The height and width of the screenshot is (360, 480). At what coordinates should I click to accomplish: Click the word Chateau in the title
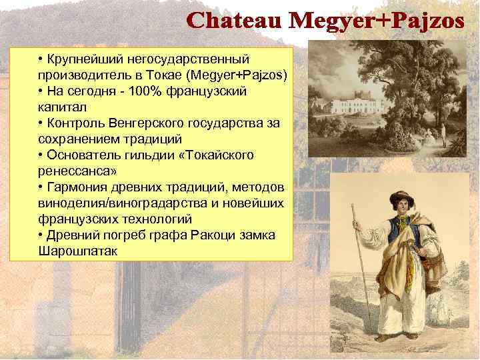point(235,21)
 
